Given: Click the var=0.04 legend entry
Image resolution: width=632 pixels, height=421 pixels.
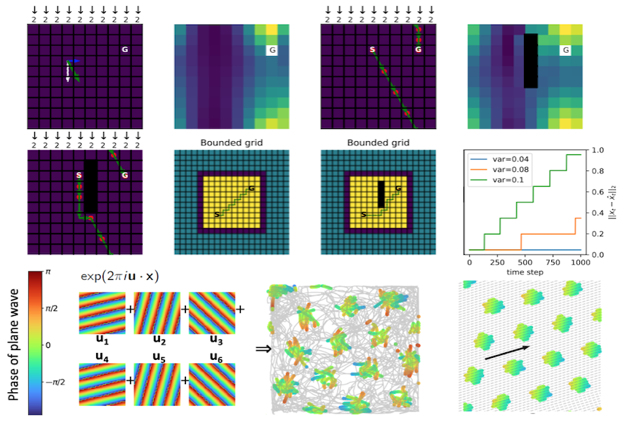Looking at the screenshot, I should pyautogui.click(x=499, y=159).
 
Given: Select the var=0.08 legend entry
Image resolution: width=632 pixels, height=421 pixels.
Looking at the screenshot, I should pyautogui.click(x=499, y=169).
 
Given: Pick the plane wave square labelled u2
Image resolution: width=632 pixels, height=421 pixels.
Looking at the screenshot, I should pyautogui.click(x=157, y=309).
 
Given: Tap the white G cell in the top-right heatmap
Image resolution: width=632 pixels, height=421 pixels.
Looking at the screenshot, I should pyautogui.click(x=564, y=50).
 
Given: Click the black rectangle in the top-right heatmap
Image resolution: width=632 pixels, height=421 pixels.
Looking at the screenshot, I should pyautogui.click(x=531, y=61).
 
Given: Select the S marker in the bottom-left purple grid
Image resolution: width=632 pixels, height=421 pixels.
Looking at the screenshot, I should pyautogui.click(x=79, y=174).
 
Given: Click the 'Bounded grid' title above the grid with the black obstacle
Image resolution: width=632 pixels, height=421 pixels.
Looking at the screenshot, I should pyautogui.click(x=378, y=142).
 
